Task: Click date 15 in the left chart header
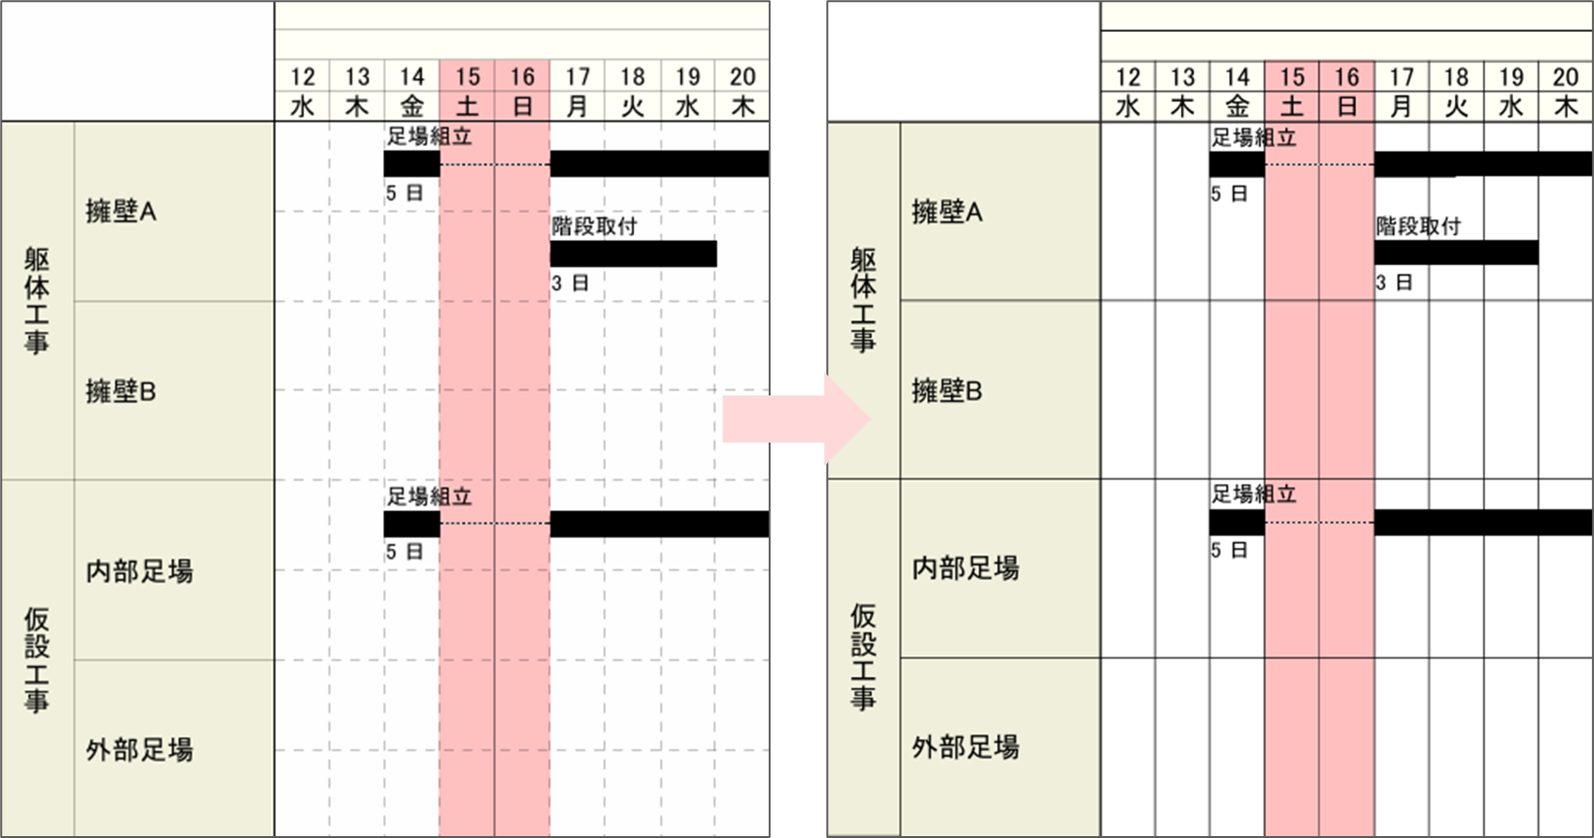468,77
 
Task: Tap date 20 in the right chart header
1566,77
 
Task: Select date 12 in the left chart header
302,77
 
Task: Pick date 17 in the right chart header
1401,77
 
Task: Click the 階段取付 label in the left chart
594,226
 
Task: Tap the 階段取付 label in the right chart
1418,226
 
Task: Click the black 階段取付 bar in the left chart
633,253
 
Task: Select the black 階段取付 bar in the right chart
1456,252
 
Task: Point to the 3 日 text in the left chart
570,282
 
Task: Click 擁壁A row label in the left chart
120,212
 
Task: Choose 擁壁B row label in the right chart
947,391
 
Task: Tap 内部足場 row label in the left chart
139,571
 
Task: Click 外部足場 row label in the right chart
965,748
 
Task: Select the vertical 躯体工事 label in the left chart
37,301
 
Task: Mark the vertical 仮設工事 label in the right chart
863,657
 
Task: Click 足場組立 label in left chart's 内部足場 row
429,496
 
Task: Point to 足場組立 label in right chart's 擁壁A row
1253,137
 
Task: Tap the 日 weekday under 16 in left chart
522,106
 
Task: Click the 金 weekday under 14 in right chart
1236,106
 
